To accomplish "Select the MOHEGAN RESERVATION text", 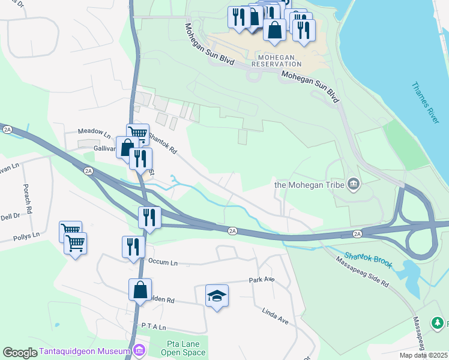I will (x=276, y=60).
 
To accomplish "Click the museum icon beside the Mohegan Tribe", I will (x=354, y=184).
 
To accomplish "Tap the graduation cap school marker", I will (x=217, y=296).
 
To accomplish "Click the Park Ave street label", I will (x=261, y=280).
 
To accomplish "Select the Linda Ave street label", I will (x=275, y=317).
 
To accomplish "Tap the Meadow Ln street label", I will (x=95, y=132).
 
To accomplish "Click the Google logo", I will (x=20, y=353).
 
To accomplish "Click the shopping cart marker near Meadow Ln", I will (x=137, y=133).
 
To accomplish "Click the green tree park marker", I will (x=438, y=323).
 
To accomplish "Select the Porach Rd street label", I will (x=26, y=194).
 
